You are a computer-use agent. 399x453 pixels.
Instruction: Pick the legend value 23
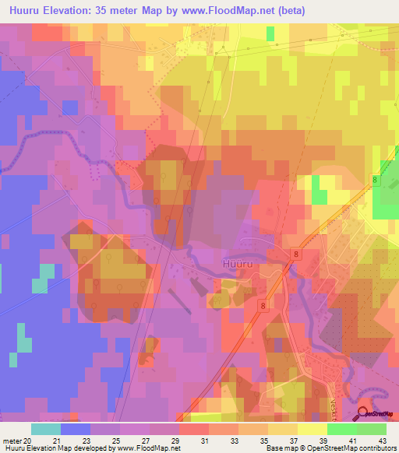click(105, 440)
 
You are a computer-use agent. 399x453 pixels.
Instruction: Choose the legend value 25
click(135, 440)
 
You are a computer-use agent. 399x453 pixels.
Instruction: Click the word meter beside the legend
click(12, 440)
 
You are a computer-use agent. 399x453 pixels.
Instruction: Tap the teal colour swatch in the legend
click(46, 429)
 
